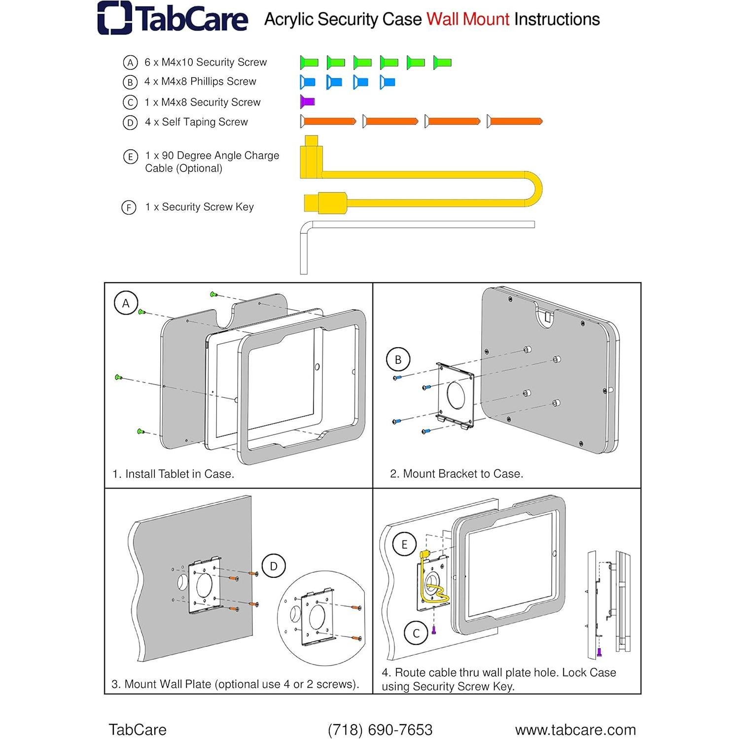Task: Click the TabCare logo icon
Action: [114, 18]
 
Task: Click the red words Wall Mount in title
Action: [467, 19]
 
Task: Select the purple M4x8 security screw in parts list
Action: [308, 102]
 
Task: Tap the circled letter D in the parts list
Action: [130, 122]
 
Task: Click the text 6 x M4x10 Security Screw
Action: [205, 62]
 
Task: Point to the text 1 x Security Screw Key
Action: [199, 207]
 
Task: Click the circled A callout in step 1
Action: [126, 303]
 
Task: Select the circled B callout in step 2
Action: [398, 360]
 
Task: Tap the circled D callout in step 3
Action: [274, 566]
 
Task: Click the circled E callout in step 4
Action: [404, 545]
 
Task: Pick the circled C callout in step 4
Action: [416, 633]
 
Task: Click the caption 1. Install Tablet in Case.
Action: [173, 474]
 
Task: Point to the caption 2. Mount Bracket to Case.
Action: [457, 474]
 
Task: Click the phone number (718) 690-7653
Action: [380, 730]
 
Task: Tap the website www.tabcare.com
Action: [575, 730]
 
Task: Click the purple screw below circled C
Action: [434, 630]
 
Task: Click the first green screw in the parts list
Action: [309, 63]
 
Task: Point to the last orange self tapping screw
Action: [515, 121]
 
